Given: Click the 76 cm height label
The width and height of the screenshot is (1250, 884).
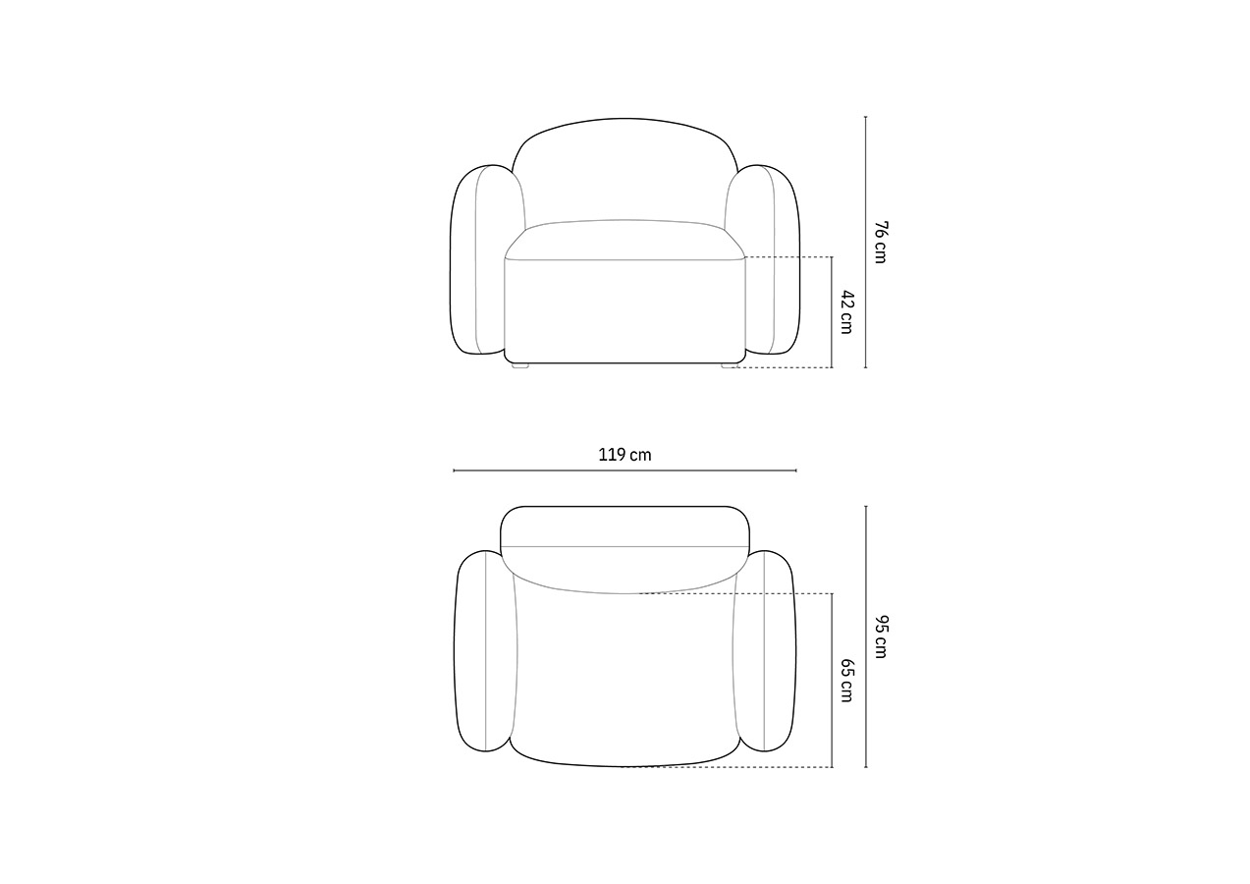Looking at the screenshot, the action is [x=881, y=243].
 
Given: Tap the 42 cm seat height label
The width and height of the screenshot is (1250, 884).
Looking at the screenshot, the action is [x=847, y=312].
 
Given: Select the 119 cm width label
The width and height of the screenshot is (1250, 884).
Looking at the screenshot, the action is [x=625, y=455].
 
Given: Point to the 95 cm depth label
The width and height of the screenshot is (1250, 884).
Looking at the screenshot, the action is [x=881, y=636].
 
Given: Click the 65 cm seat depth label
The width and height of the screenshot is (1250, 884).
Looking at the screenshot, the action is [x=847, y=681].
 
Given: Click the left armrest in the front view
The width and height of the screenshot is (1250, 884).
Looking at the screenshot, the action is [x=477, y=259].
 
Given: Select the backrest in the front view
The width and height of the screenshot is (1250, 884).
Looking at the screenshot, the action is [x=625, y=167].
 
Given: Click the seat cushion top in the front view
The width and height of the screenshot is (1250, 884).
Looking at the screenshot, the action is [x=625, y=239].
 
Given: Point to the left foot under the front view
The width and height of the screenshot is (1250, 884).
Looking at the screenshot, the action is [x=520, y=366].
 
